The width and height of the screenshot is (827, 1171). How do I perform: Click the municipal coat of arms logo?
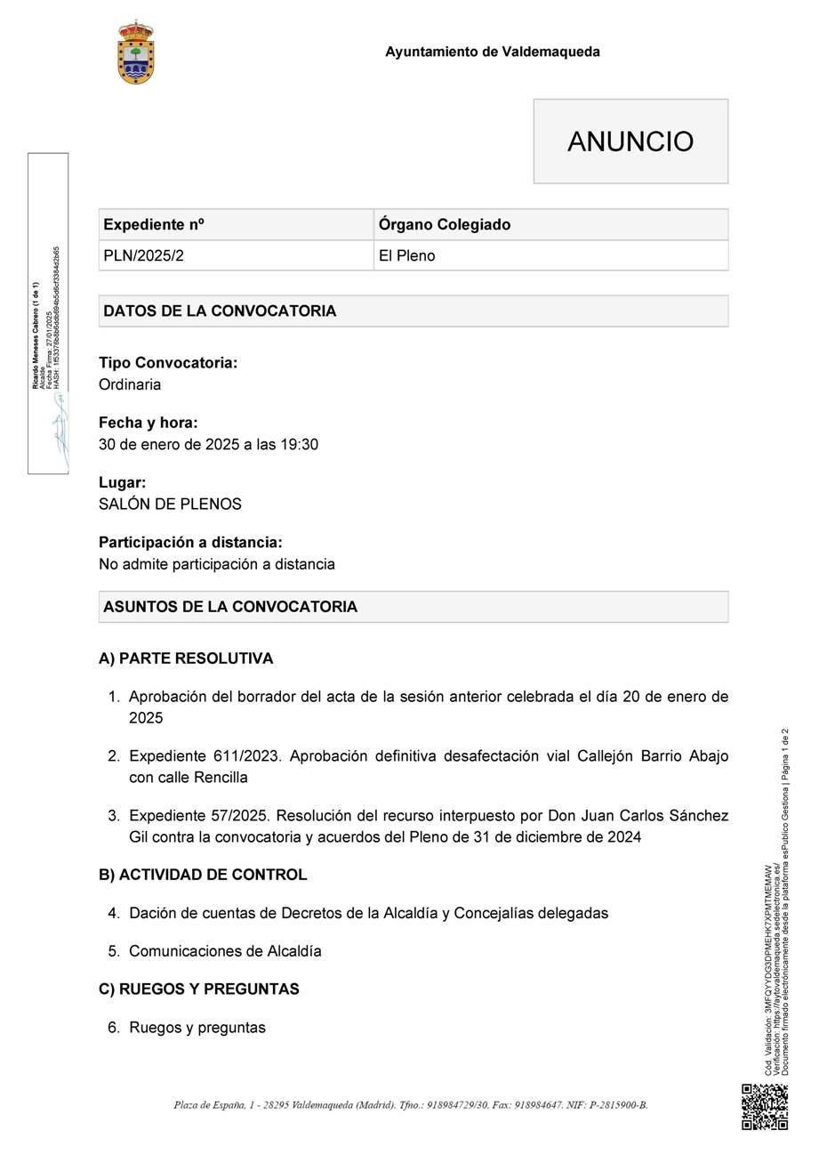tap(136, 52)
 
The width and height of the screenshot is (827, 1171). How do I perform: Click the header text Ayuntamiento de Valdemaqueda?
tap(492, 52)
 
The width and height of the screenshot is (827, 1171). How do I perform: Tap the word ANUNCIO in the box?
tap(630, 141)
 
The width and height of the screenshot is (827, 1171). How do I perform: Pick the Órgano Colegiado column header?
tap(444, 224)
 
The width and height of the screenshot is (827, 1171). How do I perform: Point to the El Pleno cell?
tap(406, 255)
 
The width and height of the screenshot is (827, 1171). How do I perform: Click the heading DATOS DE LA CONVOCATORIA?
tap(220, 311)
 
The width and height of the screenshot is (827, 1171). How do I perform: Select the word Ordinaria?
tap(130, 384)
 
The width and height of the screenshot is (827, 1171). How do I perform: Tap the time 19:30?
tap(300, 444)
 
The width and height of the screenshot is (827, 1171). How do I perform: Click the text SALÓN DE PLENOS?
tap(170, 504)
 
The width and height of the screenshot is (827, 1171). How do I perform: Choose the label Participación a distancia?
tap(190, 542)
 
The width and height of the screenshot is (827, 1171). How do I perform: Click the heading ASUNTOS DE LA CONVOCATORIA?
tap(230, 606)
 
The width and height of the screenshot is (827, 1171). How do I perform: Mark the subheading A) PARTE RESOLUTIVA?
tap(186, 658)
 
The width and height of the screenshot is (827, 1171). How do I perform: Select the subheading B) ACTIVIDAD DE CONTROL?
tap(203, 875)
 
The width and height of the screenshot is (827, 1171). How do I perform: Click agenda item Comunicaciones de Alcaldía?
tap(225, 950)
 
